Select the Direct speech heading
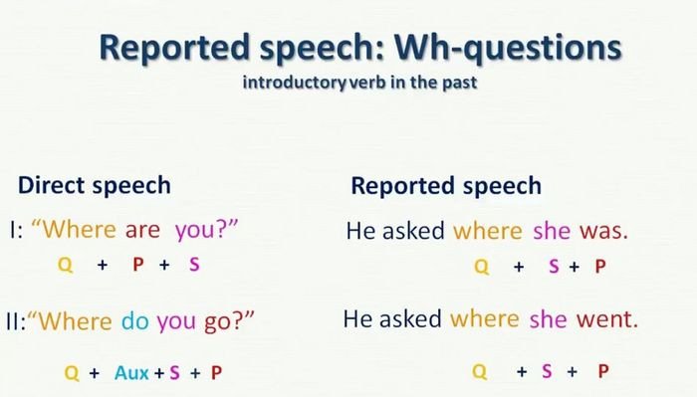point(95,185)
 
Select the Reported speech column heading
point(446,186)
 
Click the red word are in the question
point(142,230)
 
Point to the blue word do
point(133,322)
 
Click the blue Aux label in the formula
point(130,373)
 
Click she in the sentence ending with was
point(551,231)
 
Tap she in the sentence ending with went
point(548,319)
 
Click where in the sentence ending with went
point(484,319)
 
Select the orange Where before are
point(81,230)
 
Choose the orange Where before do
point(78,322)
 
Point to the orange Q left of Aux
point(72,373)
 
